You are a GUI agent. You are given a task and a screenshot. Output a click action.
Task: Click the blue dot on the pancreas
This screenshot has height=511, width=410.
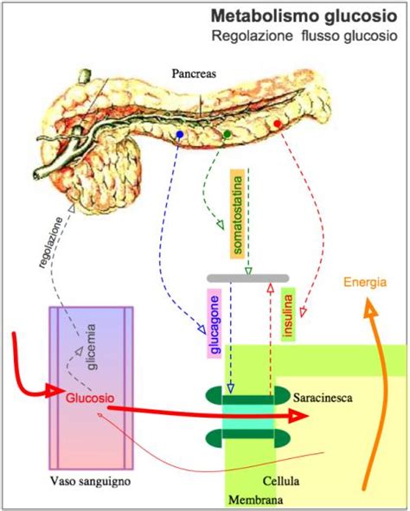[179, 136]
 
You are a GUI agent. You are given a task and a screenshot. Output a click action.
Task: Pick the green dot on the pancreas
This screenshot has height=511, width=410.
[227, 134]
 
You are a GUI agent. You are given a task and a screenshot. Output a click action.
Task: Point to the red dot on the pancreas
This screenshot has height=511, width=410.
[277, 125]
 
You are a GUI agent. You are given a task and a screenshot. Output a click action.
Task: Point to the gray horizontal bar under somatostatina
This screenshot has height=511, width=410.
[247, 278]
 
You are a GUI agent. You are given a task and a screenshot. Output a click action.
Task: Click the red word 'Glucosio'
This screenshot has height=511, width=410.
[89, 399]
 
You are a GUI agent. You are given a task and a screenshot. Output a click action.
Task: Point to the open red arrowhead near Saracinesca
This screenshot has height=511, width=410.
[298, 416]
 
